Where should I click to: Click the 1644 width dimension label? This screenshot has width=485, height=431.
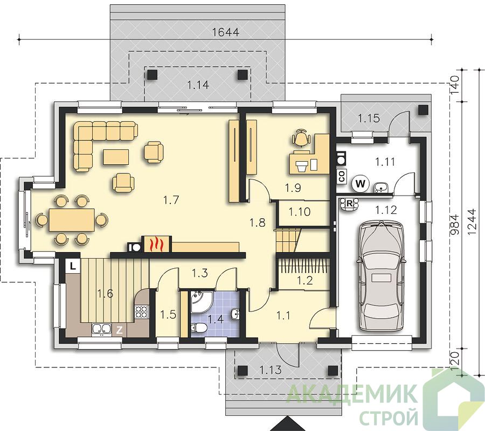226,32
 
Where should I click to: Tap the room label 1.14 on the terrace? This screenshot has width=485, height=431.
198,85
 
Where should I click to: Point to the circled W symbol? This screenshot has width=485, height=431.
361,184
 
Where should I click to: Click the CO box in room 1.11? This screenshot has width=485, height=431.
342,176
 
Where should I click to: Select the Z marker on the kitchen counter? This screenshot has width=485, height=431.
119,330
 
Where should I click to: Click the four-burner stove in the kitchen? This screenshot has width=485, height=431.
142,311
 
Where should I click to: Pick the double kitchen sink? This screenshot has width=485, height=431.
101,330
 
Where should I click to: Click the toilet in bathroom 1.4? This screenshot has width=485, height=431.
198,328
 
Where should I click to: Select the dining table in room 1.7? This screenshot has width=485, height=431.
72,220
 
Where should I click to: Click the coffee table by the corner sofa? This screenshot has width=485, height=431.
116,157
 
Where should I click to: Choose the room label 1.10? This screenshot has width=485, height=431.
300,212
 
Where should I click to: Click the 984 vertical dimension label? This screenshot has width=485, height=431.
454,225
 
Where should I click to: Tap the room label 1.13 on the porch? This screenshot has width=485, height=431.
271,370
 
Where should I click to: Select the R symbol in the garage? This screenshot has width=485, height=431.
349,204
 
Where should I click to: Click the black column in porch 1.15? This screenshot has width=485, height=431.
424,110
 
